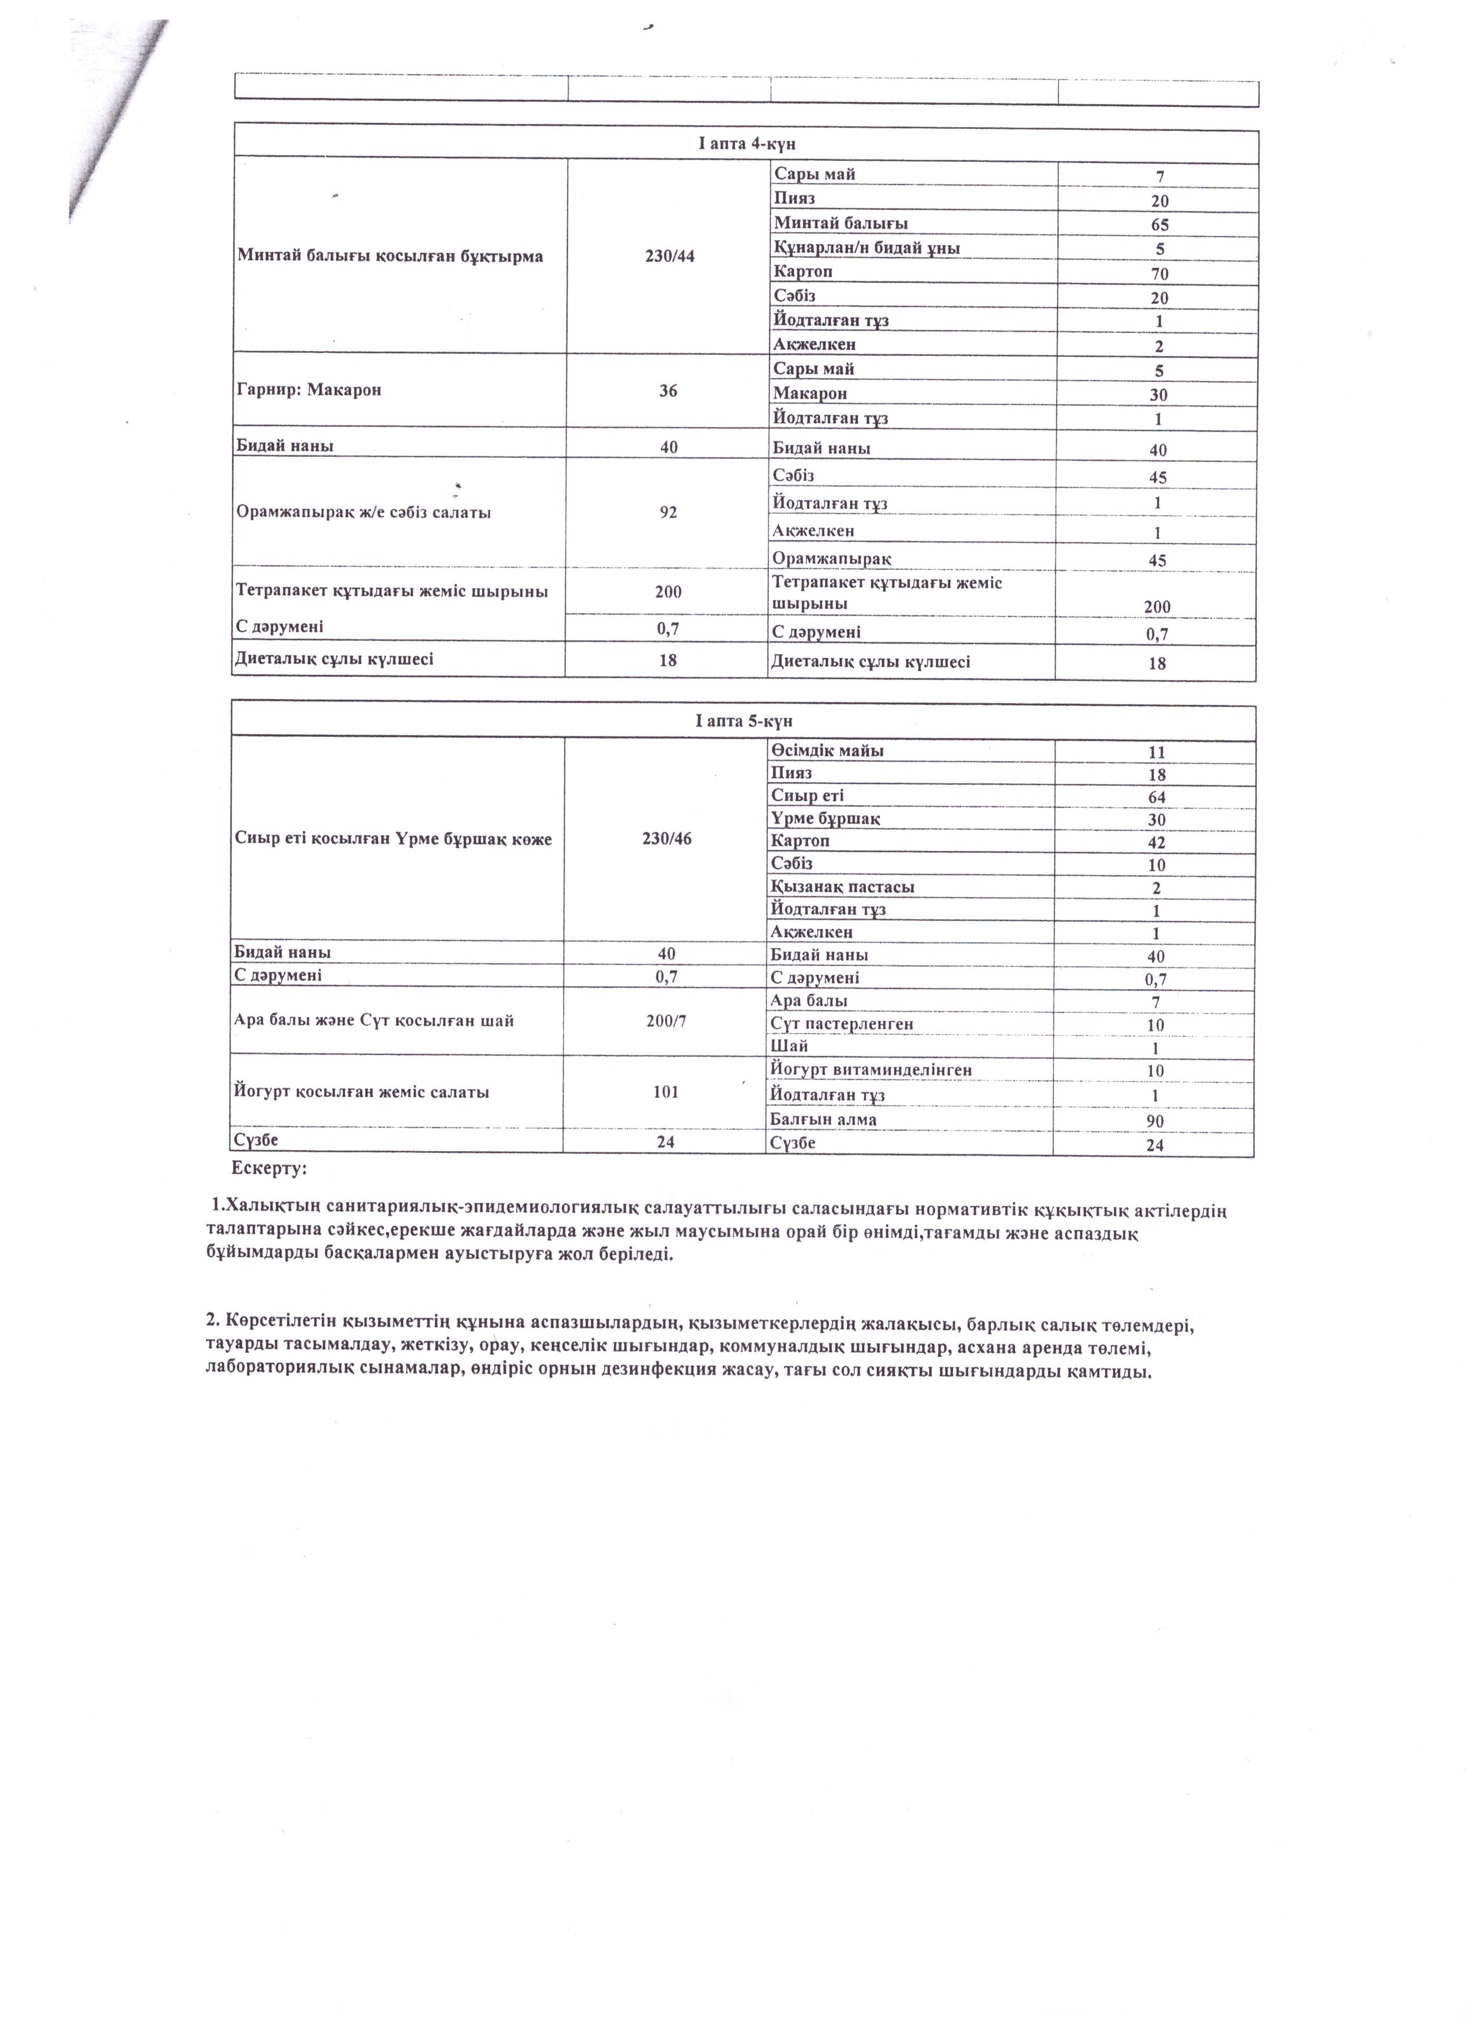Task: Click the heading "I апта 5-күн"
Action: pyautogui.click(x=743, y=721)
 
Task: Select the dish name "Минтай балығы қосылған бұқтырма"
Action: pyautogui.click(x=390, y=256)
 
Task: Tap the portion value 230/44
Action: pyautogui.click(x=669, y=256)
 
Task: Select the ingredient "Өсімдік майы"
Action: pyautogui.click(x=826, y=751)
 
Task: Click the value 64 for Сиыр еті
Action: pyautogui.click(x=1157, y=797)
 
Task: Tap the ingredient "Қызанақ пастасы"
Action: pyautogui.click(x=843, y=887)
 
